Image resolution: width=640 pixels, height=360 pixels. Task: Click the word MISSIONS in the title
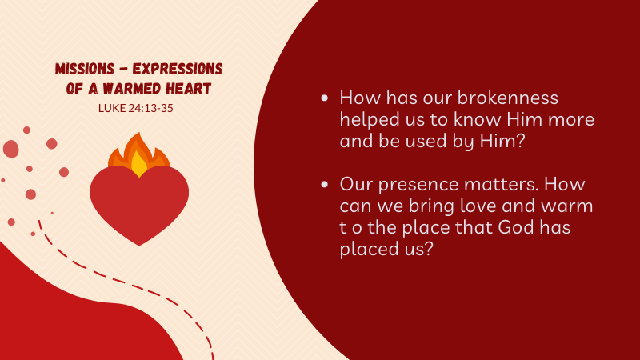pyautogui.click(x=85, y=69)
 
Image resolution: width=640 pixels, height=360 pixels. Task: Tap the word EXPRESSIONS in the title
pyautogui.click(x=178, y=69)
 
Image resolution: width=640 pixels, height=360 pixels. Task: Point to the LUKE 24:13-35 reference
pyautogui.click(x=136, y=108)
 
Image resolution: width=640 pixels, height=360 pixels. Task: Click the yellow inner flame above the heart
pyautogui.click(x=139, y=164)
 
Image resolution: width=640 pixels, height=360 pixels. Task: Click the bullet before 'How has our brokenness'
pyautogui.click(x=325, y=98)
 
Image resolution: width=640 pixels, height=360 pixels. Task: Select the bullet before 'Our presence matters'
pyautogui.click(x=325, y=185)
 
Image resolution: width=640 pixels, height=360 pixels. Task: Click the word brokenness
pyautogui.click(x=507, y=98)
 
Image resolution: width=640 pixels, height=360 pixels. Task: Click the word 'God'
pyautogui.click(x=516, y=227)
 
